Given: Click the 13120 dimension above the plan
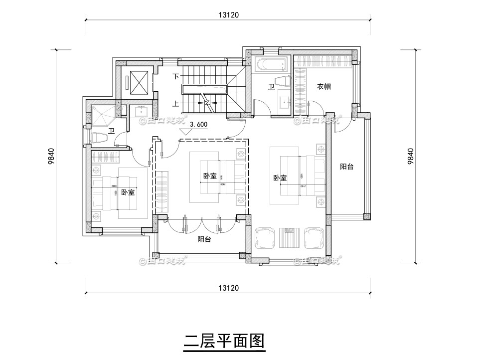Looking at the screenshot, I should pos(229,15).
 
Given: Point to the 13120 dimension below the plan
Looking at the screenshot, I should pos(229,288).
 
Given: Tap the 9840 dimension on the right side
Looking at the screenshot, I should pos(410,156).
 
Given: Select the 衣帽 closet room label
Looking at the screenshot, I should pos(324,86).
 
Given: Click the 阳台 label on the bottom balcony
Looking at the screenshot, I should pos(204,239).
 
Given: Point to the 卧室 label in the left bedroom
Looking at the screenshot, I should pos(128,192).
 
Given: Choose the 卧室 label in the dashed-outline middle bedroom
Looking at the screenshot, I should pos(210,177).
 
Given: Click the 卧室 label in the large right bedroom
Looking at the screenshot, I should pos(280,178).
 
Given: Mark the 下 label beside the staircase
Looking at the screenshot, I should pos(175,77).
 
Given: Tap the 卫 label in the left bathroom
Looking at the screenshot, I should pos(112,131).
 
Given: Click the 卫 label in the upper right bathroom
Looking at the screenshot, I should pos(271,87).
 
